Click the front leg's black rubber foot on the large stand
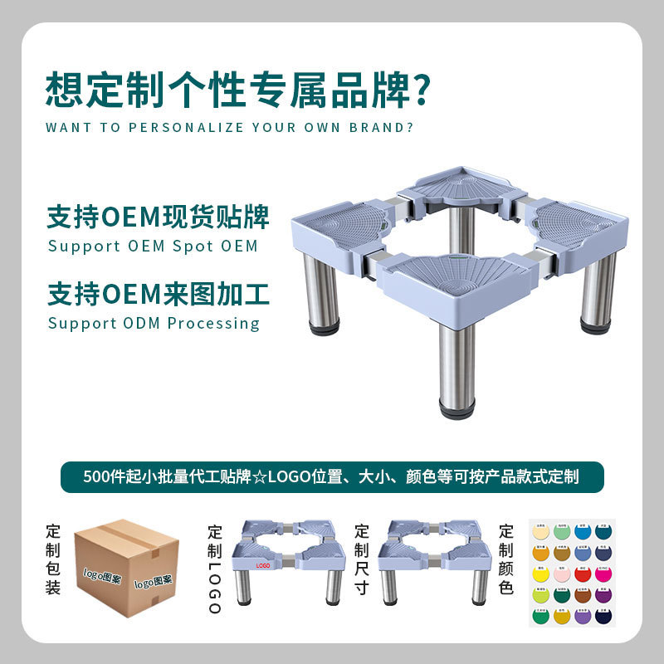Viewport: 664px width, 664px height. click(x=457, y=410)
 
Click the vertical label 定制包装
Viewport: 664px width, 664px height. click(x=54, y=560)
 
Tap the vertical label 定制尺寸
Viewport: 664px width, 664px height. click(x=362, y=560)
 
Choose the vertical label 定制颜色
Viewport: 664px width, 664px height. click(x=506, y=560)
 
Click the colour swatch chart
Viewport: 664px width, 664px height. click(x=572, y=573)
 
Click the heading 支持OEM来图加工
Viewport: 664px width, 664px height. click(x=159, y=295)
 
